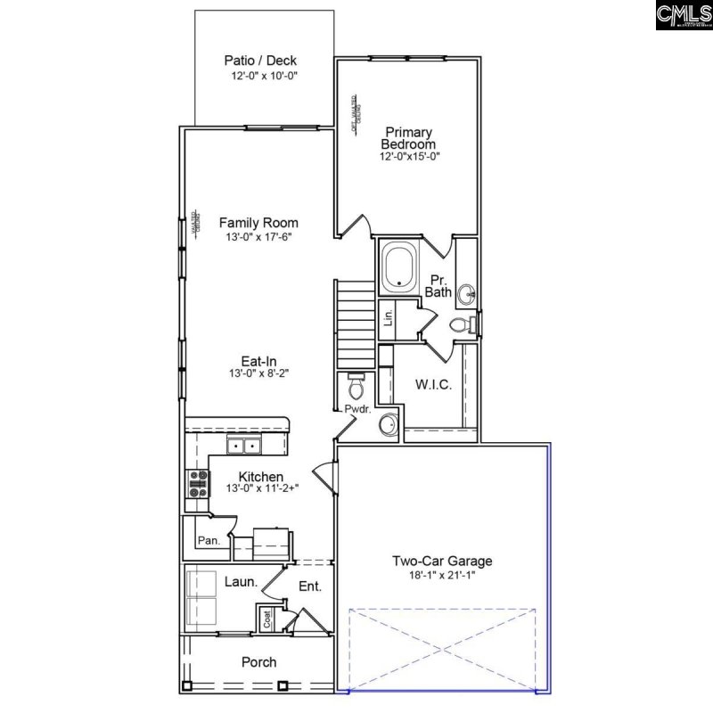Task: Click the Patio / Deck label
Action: [x=259, y=61]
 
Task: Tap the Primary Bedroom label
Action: [x=408, y=138]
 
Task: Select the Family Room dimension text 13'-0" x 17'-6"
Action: [x=258, y=237]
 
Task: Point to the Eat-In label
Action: [x=258, y=361]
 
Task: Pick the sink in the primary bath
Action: [x=467, y=293]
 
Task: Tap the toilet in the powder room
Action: [x=355, y=385]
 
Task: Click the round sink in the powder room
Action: [x=389, y=424]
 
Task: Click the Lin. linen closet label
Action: [x=388, y=319]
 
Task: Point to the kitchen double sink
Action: [x=242, y=446]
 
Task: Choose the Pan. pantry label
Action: [x=209, y=540]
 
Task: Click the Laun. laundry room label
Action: [x=241, y=581]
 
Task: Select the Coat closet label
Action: [x=266, y=618]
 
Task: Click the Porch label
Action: [x=258, y=662]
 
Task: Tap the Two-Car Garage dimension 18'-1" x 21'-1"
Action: [x=442, y=576]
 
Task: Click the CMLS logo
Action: [x=682, y=16]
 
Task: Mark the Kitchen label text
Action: [x=260, y=477]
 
